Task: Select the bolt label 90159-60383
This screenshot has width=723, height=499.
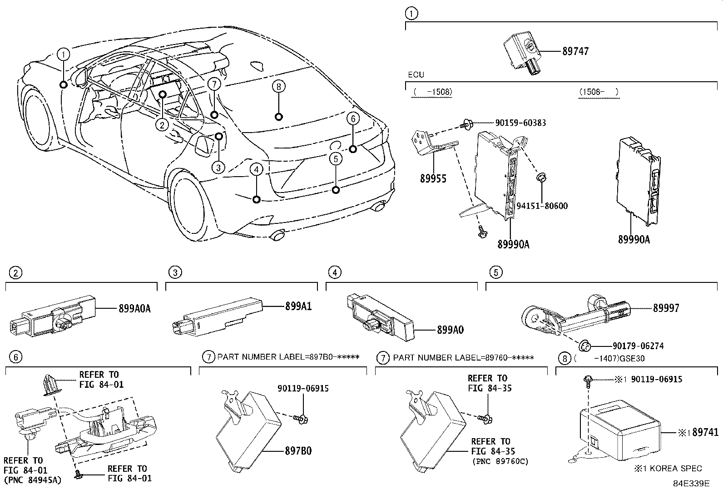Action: [x=514, y=123]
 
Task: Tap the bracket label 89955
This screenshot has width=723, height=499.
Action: [x=433, y=178]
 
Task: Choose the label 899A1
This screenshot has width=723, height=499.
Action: [x=298, y=306]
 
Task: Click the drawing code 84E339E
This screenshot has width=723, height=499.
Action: [x=691, y=484]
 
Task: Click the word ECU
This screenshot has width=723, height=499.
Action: [x=416, y=74]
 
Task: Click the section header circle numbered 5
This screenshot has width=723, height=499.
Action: [x=495, y=272]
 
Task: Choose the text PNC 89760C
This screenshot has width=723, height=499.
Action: [x=500, y=462]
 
